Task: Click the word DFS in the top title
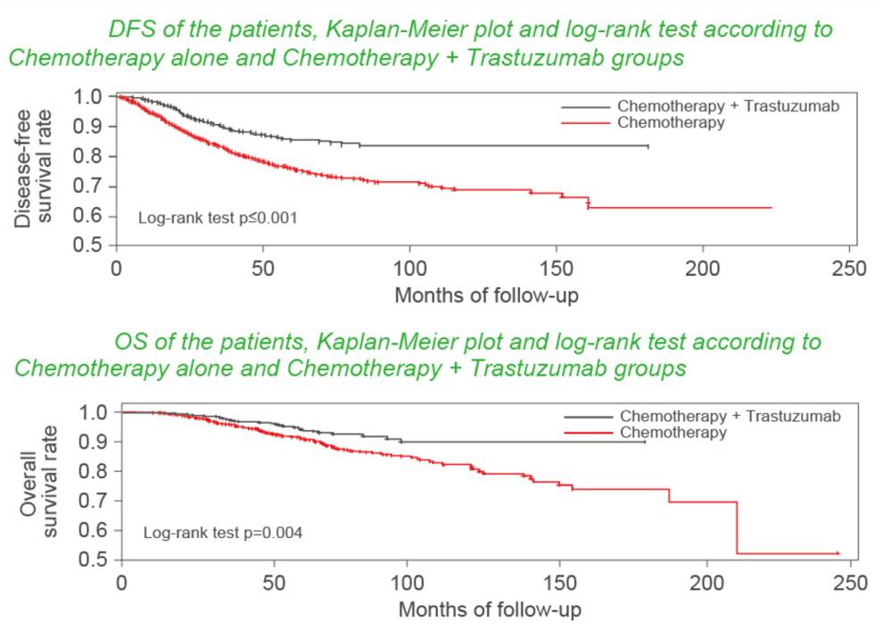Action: [128, 29]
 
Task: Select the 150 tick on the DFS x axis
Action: [557, 268]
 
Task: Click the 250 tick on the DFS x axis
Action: [849, 268]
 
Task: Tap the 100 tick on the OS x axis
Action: [414, 583]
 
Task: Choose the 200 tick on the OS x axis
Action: [706, 583]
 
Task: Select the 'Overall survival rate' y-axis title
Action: [39, 485]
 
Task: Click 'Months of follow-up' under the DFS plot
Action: [486, 294]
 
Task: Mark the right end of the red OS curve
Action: [839, 553]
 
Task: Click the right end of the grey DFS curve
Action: [648, 145]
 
